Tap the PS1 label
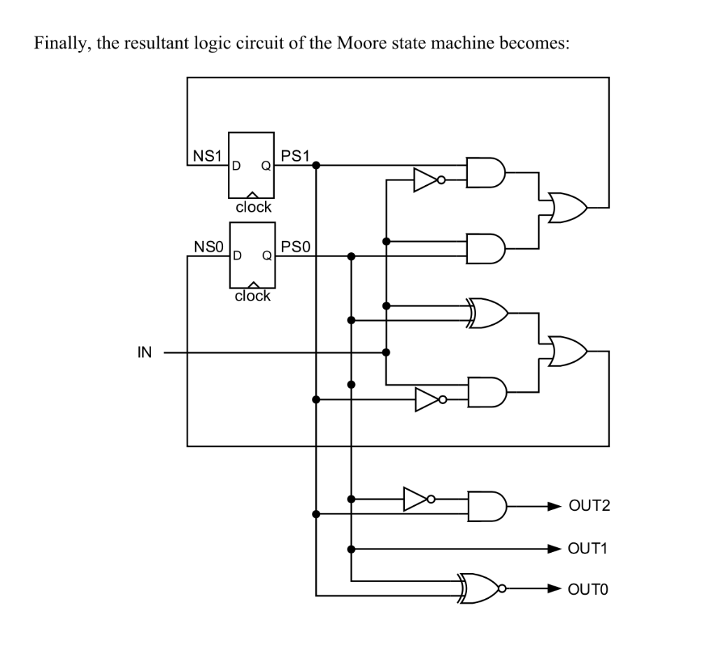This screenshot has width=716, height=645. pos(294,154)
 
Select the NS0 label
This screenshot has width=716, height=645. pos(207,246)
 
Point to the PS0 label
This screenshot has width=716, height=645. pos(294,246)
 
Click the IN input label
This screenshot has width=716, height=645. pos(144,352)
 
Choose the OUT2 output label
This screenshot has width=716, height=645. pos(589,505)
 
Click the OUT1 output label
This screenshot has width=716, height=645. pos(589,549)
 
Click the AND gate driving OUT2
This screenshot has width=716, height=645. pos(484,505)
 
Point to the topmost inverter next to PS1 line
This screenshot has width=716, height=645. pos(427,180)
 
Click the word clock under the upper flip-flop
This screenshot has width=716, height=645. pos(253,207)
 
